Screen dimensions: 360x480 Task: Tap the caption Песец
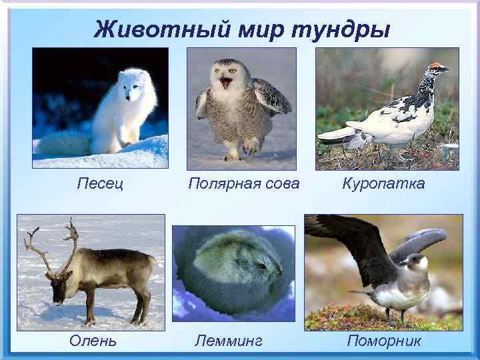[99, 183]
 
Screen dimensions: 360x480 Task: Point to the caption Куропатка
[383, 183]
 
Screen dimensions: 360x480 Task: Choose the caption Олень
[93, 341]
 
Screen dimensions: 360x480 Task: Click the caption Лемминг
[228, 341]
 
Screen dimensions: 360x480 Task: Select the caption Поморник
[384, 341]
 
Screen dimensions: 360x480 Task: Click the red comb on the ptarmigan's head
[436, 65]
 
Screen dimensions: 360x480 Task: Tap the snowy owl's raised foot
[252, 145]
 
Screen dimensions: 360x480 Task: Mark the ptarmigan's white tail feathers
[337, 136]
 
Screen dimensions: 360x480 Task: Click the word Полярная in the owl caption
[219, 183]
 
